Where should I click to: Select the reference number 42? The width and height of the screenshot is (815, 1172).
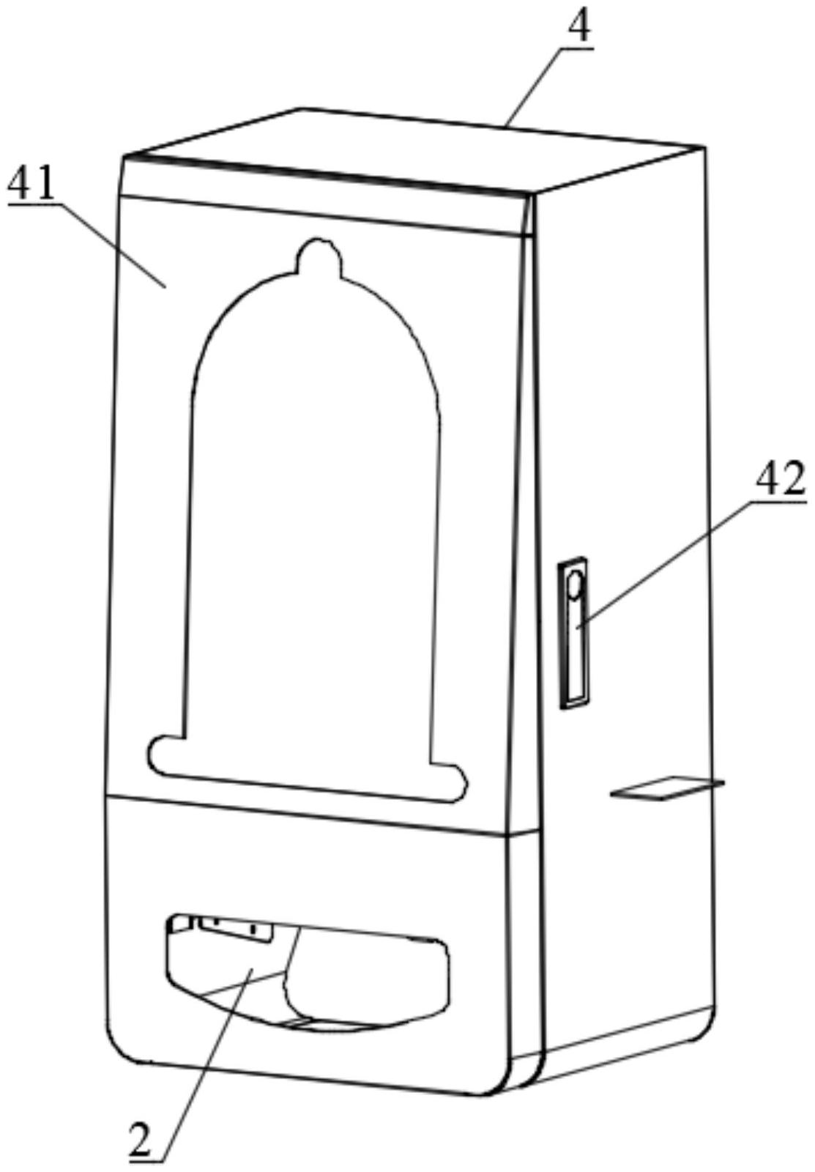point(780,481)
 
